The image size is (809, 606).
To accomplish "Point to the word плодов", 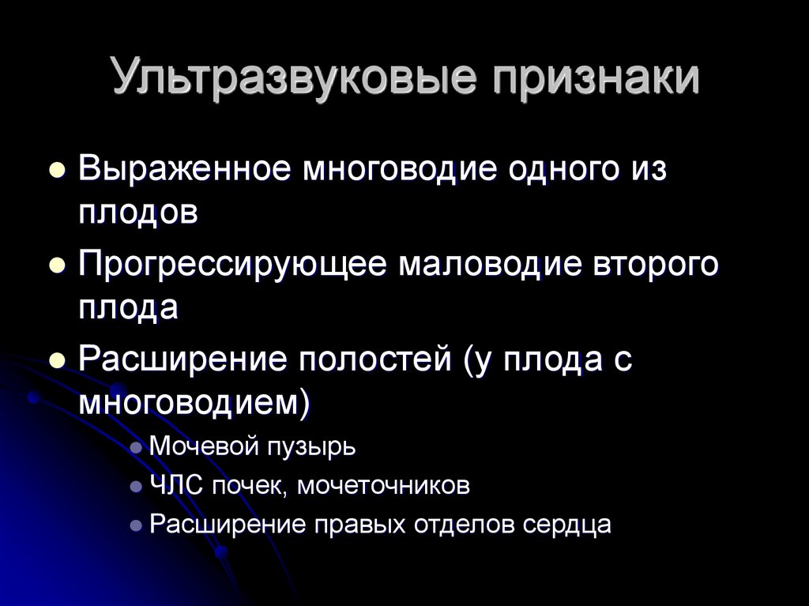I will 137,213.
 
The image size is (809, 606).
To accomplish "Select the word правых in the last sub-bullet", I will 363,525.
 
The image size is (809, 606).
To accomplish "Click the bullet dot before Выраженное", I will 56,171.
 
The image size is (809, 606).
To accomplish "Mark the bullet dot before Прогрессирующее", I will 56,266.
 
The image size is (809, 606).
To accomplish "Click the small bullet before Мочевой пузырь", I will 136,448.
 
